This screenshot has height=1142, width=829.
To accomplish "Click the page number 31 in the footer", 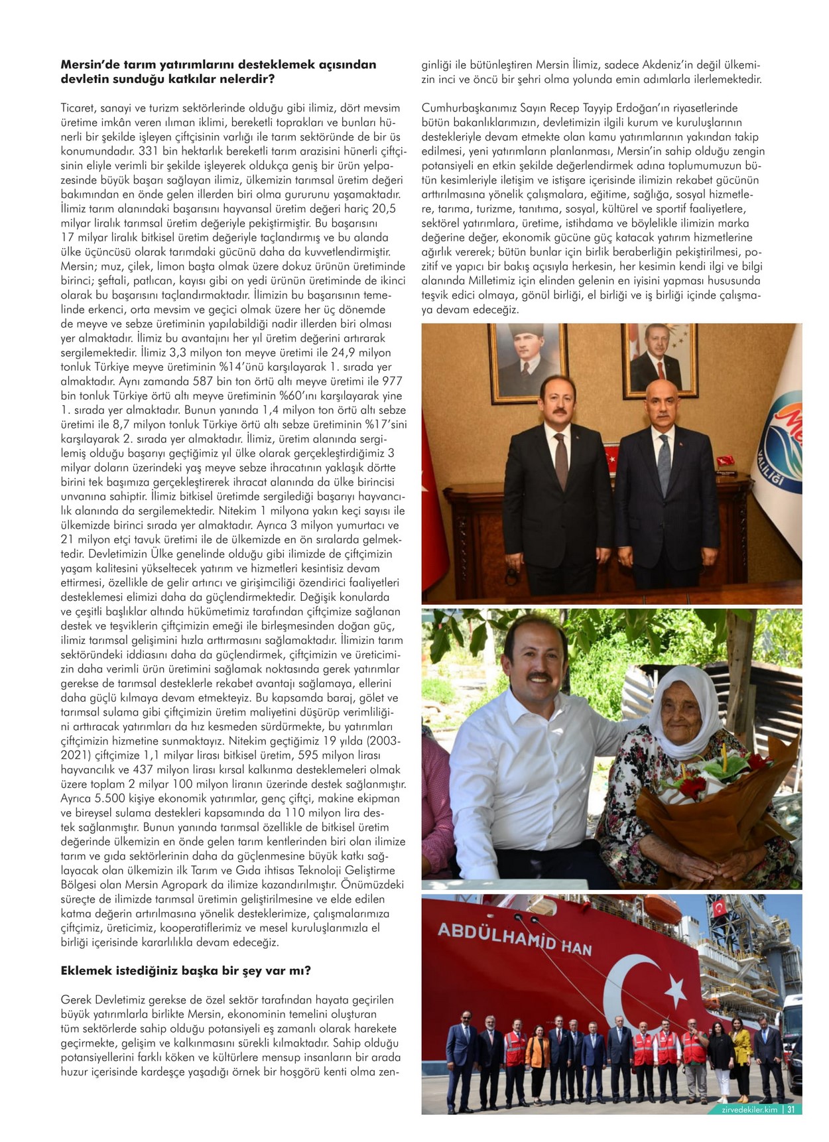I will pyautogui.click(x=791, y=1109).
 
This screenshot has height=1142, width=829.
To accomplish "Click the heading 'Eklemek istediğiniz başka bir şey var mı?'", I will pyautogui.click(x=186, y=970).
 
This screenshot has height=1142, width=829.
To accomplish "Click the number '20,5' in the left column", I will pyautogui.click(x=383, y=208).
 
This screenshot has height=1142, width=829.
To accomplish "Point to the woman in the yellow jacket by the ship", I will pyautogui.click(x=741, y=1048).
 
